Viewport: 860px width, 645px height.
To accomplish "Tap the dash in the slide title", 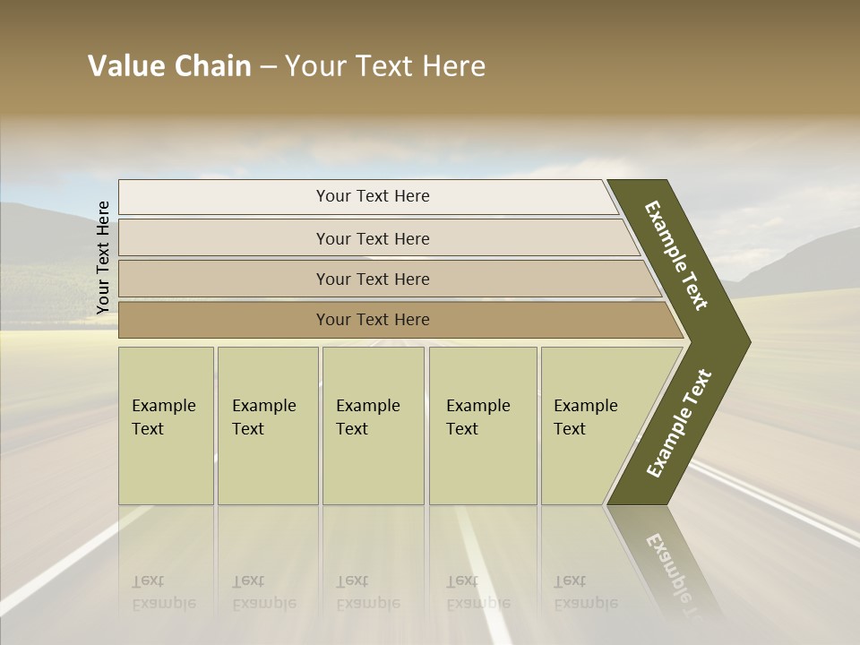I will click(269, 67).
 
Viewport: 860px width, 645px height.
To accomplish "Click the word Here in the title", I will click(452, 66).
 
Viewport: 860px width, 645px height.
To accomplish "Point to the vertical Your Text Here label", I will click(103, 257).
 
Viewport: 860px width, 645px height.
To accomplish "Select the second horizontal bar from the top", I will click(372, 238).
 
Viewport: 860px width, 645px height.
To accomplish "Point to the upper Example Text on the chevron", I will click(676, 255).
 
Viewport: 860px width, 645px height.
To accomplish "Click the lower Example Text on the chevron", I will click(679, 423).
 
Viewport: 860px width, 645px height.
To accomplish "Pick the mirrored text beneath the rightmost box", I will click(584, 591).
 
